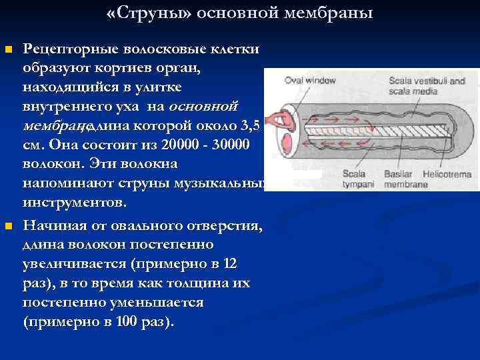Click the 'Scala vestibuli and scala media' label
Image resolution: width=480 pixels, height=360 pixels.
pos(427,85)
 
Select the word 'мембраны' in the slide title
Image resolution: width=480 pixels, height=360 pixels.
pos(338,13)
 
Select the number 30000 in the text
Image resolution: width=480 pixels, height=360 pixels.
pos(228,145)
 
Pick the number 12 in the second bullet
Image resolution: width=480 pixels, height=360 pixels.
pos(230,264)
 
